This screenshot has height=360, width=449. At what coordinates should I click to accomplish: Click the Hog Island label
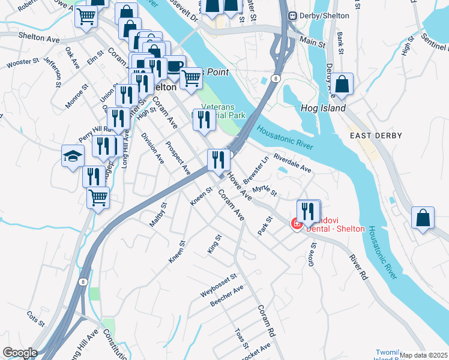click(x=323, y=109)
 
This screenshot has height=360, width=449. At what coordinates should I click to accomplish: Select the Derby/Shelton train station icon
click(x=293, y=16)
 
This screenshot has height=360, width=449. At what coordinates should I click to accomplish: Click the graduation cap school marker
click(x=73, y=157)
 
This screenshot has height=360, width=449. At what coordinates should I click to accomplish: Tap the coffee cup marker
click(x=174, y=66)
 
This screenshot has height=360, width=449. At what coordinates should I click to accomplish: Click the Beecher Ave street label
click(x=227, y=296)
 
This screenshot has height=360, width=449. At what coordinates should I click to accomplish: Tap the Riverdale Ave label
click(x=292, y=163)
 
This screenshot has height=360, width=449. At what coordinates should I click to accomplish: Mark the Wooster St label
click(x=22, y=62)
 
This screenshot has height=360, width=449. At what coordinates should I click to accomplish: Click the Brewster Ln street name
click(x=255, y=169)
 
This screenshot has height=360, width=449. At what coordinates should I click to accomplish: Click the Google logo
click(x=19, y=353)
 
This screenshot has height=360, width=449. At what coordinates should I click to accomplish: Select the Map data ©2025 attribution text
click(x=424, y=355)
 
